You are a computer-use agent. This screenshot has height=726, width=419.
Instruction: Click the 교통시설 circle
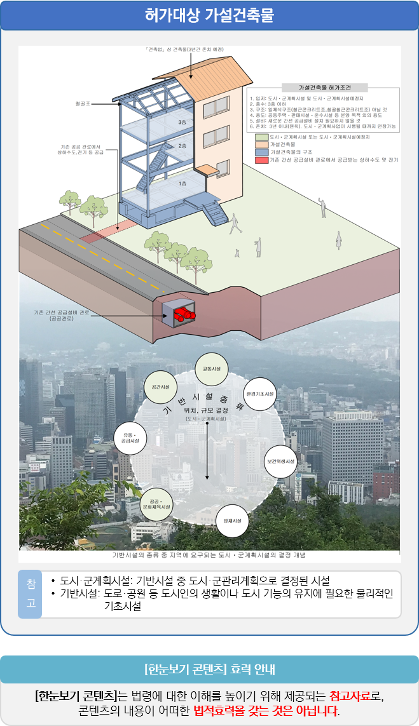tap(212, 369)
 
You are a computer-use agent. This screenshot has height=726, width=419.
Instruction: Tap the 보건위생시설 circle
tap(280, 461)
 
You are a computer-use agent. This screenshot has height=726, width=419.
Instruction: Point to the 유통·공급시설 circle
tap(130, 438)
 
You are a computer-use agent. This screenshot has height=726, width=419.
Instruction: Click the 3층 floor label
tap(182, 123)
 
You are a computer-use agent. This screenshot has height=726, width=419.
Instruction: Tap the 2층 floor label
tap(182, 146)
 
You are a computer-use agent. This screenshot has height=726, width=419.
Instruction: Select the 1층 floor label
tap(182, 183)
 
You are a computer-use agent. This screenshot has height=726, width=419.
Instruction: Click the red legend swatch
tap(261, 160)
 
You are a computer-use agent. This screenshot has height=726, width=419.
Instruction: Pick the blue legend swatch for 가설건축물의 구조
tap(261, 152)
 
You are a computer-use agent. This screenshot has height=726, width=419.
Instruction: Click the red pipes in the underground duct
tap(184, 313)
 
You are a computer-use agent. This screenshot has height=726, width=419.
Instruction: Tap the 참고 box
tap(30, 594)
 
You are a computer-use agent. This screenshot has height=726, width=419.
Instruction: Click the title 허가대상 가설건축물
tap(209, 16)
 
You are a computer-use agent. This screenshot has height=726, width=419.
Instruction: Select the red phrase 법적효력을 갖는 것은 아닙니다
tap(266, 709)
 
